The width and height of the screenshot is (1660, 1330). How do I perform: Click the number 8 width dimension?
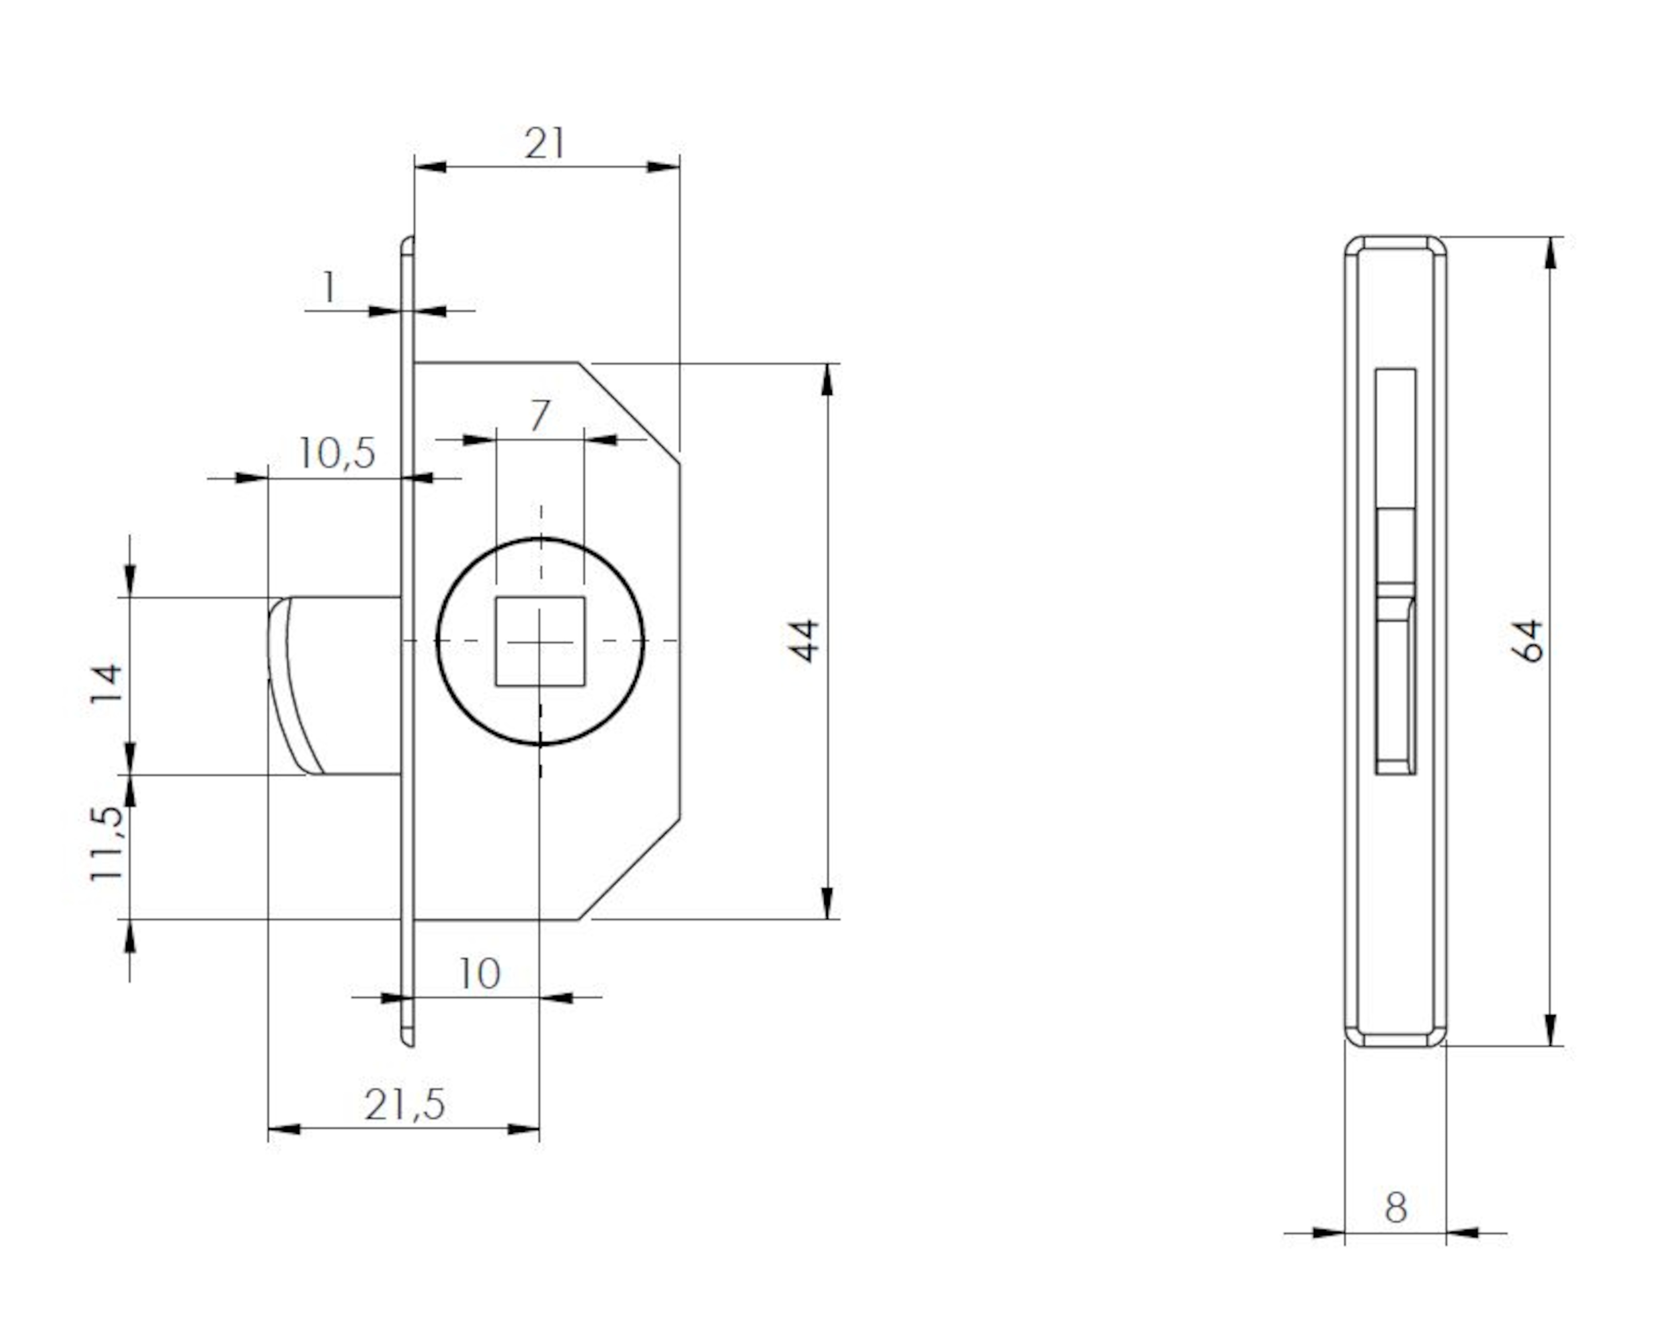(x=1396, y=1207)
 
